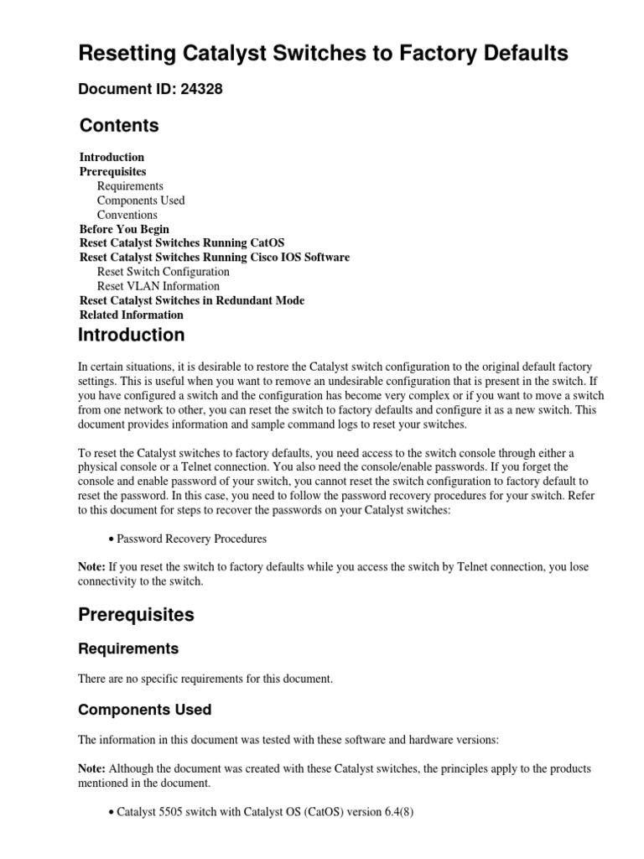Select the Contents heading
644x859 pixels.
pyautogui.click(x=118, y=125)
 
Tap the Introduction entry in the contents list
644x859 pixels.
pyautogui.click(x=112, y=157)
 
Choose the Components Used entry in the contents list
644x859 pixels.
pyautogui.click(x=141, y=200)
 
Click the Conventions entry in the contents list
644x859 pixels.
pyautogui.click(x=127, y=215)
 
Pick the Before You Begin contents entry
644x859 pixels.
pyautogui.click(x=124, y=229)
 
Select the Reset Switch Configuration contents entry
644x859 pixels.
pyautogui.click(x=163, y=272)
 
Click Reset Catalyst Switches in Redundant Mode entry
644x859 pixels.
pyautogui.click(x=192, y=300)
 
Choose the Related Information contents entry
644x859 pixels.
pyautogui.click(x=131, y=315)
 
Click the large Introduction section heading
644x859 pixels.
pyautogui.click(x=131, y=335)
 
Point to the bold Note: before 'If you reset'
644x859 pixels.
pyautogui.click(x=91, y=567)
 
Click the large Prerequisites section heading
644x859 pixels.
pyautogui.click(x=136, y=614)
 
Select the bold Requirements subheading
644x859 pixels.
pyautogui.click(x=128, y=648)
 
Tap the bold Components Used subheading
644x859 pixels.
pyautogui.click(x=144, y=710)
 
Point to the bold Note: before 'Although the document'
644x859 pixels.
pyautogui.click(x=91, y=768)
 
